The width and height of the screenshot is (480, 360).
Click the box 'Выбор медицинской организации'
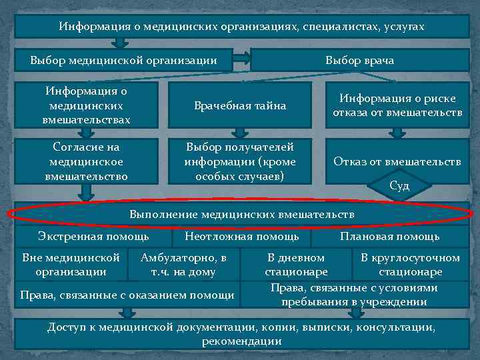coord(123,61)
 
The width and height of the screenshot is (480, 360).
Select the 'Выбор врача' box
coord(359,61)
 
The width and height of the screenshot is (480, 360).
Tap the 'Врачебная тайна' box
coord(240,105)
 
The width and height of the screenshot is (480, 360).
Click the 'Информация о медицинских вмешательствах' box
coord(87,105)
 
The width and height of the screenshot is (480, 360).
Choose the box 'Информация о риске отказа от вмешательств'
coord(397,105)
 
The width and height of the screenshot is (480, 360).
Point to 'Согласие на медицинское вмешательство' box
coord(87,161)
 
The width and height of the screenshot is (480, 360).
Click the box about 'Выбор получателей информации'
coord(240,161)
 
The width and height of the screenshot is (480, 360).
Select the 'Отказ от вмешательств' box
coord(397,161)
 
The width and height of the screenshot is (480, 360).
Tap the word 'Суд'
coord(399,185)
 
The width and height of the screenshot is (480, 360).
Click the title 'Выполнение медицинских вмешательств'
coord(241,215)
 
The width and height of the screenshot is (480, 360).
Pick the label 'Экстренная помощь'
coord(93,236)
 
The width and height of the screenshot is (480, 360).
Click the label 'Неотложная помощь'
coord(241,236)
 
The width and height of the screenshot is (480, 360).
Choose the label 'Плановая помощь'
coord(389,236)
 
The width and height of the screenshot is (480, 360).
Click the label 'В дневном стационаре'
coord(296,264)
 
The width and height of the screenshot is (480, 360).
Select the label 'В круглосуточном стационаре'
coord(410,264)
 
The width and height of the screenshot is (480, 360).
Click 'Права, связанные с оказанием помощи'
coord(127,295)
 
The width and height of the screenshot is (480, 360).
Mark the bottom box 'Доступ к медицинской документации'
coord(241,334)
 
